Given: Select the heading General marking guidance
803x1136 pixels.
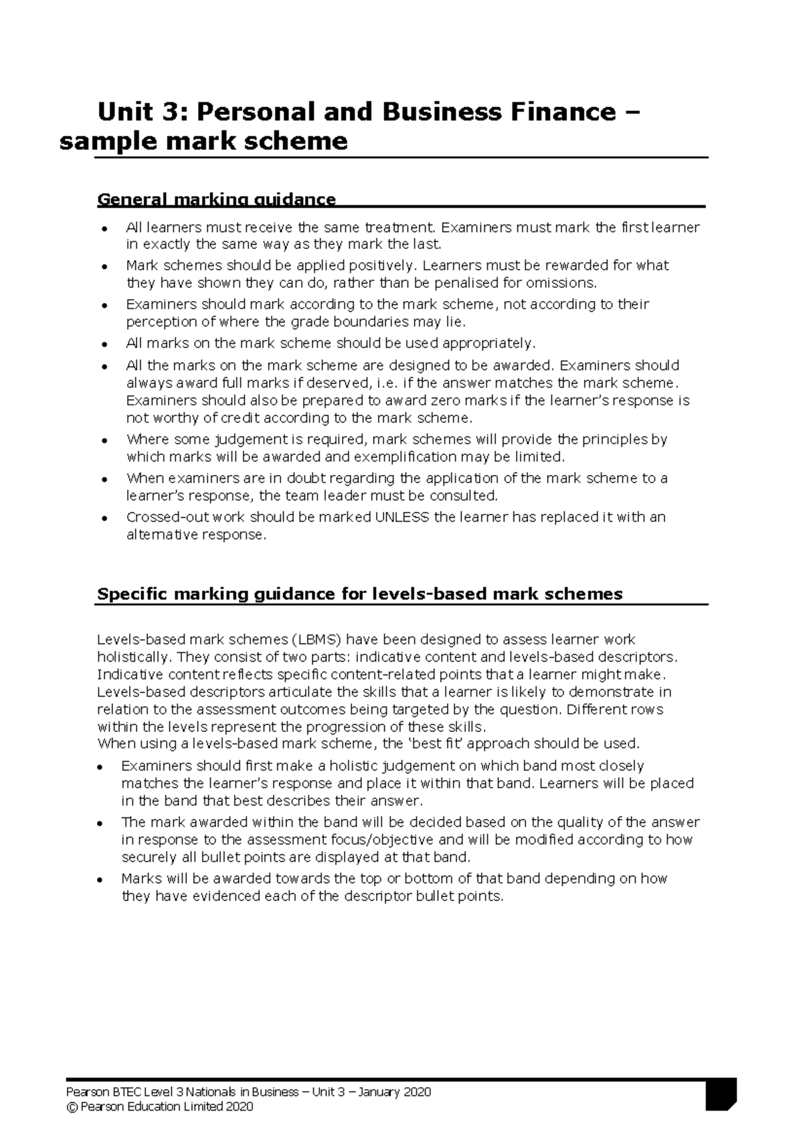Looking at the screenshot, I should point(216,199).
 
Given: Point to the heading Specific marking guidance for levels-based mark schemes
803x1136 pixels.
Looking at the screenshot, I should point(359,594).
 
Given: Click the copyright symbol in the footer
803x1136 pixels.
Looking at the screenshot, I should point(72,1107).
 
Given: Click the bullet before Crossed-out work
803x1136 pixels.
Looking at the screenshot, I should point(104,518).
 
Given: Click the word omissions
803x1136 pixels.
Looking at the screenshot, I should point(561,282).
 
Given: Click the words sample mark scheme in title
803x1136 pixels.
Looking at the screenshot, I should point(203,142).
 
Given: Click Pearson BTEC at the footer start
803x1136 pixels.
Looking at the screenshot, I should point(99,1093).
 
